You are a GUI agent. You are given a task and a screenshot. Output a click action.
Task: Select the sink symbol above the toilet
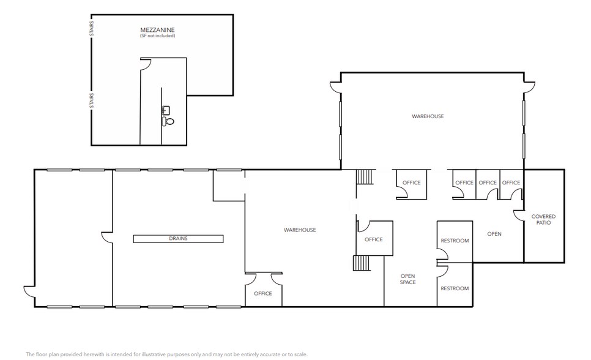point(165,111)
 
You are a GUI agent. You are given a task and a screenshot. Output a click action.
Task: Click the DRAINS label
point(179,239)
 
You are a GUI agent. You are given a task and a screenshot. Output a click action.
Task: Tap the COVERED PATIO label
point(543,219)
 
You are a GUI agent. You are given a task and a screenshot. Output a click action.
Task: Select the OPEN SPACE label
point(408,279)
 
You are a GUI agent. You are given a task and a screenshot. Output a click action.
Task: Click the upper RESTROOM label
point(455,241)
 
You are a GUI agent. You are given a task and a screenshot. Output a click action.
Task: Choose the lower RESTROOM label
point(455,288)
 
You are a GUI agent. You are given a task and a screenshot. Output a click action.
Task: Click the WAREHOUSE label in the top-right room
point(428,116)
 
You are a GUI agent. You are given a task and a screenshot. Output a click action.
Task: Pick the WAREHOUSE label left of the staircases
point(300,230)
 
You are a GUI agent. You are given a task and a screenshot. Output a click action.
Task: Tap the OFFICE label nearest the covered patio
point(511,182)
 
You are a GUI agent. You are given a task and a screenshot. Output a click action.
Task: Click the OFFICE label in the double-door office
point(263,293)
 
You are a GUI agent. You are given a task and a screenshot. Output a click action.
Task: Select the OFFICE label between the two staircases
point(373,239)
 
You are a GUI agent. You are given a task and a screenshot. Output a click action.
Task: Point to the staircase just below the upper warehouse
point(365,177)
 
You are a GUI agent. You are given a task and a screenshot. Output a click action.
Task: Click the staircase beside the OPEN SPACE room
point(362,263)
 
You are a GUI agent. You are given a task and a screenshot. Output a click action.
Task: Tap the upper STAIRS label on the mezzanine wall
point(92,29)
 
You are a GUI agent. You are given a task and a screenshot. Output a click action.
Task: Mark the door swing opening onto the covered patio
point(518,216)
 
